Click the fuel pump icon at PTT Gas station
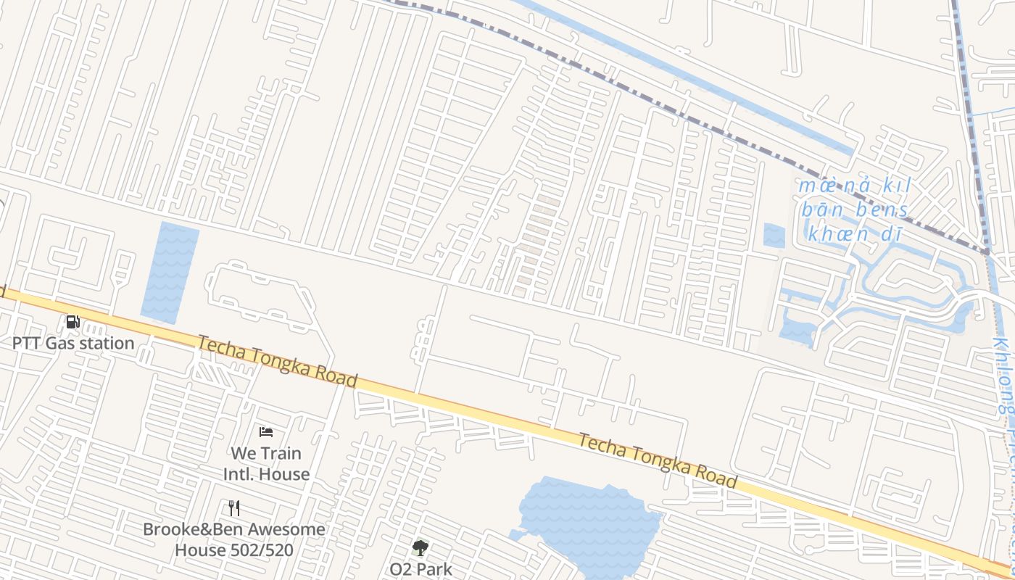pos(72,322)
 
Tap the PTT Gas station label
pos(73,343)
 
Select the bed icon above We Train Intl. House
pos(266,432)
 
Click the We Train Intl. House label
pos(266,463)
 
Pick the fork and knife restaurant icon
pos(233,507)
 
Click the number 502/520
pos(261,550)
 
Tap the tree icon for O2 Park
pos(420,548)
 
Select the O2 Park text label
pos(420,569)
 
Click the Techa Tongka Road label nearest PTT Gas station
pos(278,361)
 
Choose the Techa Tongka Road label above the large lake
pos(658,461)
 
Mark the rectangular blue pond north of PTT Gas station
pos(170,272)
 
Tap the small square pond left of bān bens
pos(774,235)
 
